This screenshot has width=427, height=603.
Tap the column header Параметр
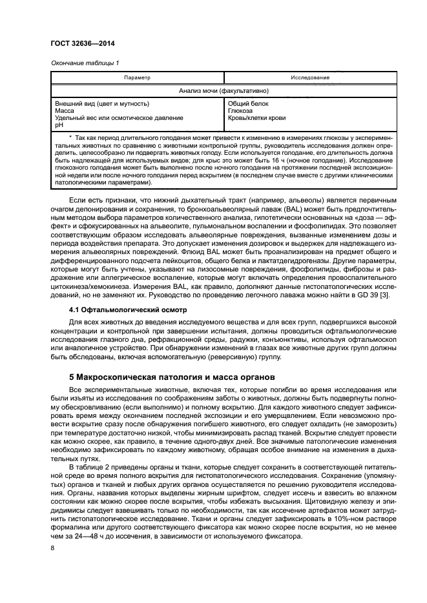tap(137, 77)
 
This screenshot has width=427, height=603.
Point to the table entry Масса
tap(65, 111)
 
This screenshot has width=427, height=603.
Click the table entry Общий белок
tap(248, 104)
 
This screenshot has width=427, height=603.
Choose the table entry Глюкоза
tap(242, 111)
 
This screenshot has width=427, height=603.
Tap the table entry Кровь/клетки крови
tap(256, 118)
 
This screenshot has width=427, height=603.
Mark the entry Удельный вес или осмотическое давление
tap(110, 118)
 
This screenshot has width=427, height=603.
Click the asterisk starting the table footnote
tap(70, 139)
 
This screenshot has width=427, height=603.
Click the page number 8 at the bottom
tap(52, 548)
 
